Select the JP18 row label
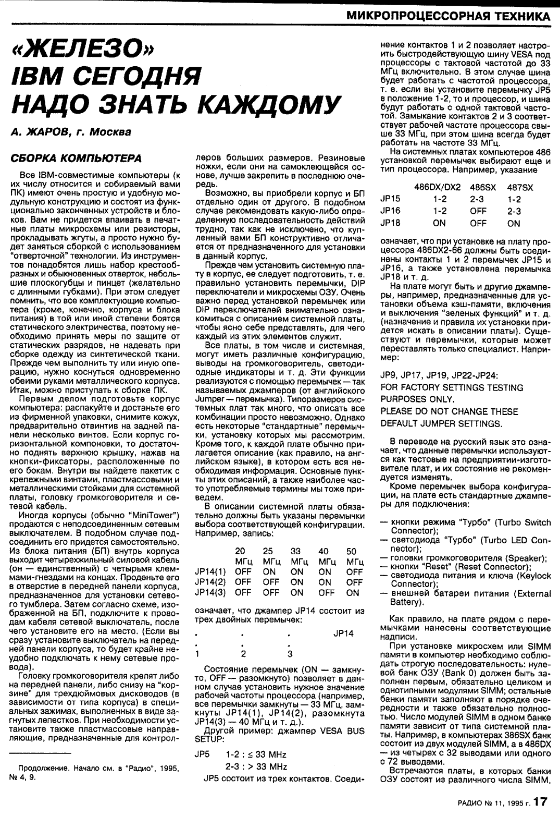390,223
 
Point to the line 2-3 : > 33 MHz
256,766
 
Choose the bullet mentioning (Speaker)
468,557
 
